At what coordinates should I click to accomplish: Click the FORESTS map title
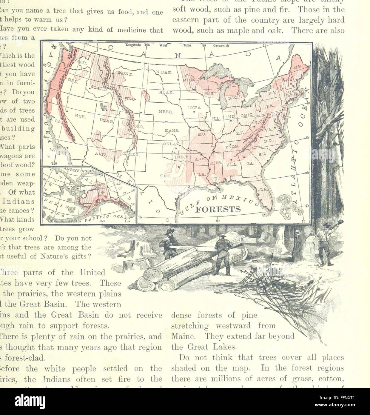tap(218, 209)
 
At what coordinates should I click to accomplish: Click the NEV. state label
tap(80, 116)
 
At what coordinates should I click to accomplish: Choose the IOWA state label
tap(194, 107)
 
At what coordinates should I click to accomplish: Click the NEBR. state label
tap(166, 112)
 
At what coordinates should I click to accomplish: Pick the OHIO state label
tap(246, 115)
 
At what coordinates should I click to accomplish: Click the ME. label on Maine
tap(299, 68)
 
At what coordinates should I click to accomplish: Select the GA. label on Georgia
tap(250, 164)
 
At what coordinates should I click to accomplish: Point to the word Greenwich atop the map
tap(221, 46)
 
